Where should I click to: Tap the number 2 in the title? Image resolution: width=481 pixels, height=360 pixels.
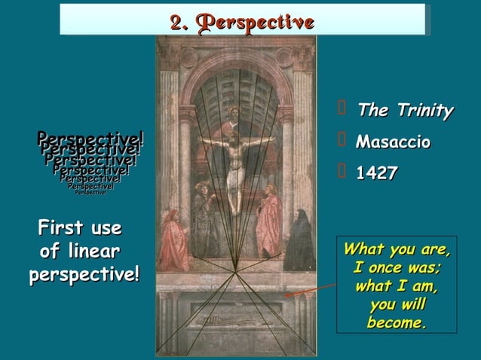177,22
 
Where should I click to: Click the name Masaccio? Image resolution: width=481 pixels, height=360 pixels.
393,142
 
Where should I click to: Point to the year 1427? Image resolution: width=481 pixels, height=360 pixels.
376,173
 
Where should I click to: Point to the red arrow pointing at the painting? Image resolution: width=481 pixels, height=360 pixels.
311,291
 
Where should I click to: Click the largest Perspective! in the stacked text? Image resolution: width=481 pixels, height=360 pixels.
90,139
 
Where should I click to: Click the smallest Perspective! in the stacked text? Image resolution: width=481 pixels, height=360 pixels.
90,193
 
